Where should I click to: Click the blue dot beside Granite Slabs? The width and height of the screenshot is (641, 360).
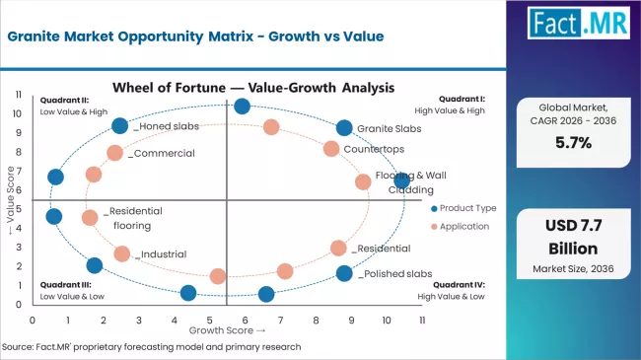click(x=343, y=128)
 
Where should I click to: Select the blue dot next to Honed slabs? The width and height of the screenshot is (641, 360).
click(x=119, y=125)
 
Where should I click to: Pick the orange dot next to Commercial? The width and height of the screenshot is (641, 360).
click(x=114, y=153)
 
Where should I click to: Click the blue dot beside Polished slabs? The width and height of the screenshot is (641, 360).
click(x=343, y=273)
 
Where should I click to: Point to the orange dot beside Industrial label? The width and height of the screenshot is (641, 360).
click(x=121, y=253)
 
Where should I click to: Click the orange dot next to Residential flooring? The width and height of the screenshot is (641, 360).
click(x=90, y=218)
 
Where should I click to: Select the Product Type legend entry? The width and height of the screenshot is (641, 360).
click(x=463, y=208)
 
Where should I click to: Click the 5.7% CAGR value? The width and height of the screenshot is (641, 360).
click(x=580, y=142)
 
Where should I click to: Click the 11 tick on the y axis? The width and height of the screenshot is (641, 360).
click(x=19, y=94)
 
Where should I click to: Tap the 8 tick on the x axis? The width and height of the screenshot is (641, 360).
click(x=316, y=322)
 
